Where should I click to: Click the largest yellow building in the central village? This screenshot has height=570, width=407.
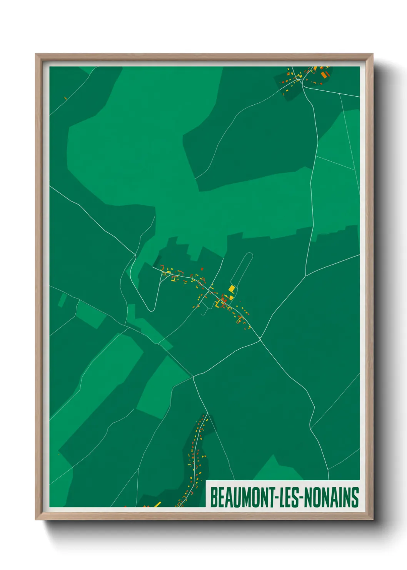pyautogui.click(x=232, y=288)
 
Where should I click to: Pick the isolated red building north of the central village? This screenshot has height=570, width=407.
pyautogui.click(x=202, y=269)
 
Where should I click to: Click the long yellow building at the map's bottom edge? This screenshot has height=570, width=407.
pyautogui.click(x=157, y=504)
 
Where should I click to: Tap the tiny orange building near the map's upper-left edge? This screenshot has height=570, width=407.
pyautogui.click(x=65, y=98)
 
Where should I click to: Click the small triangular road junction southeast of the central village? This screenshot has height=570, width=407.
pyautogui.click(x=260, y=339)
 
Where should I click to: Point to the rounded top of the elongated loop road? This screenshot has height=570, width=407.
pyautogui.click(x=250, y=254)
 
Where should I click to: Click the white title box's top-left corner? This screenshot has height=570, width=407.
pyautogui.click(x=206, y=481)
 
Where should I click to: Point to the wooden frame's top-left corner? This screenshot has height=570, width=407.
pyautogui.click(x=36, y=54)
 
